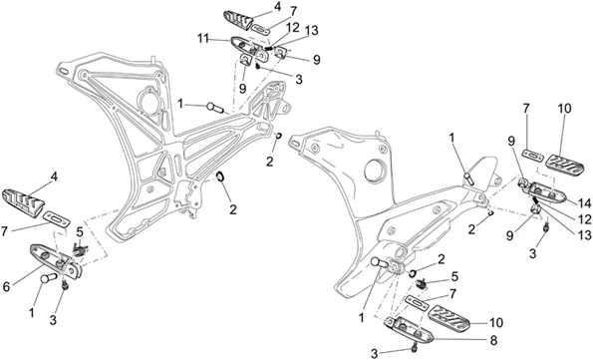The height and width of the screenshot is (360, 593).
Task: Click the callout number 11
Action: [203, 38]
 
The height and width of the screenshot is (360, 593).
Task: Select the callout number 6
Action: [6, 287]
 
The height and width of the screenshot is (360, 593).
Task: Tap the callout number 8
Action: [493, 340]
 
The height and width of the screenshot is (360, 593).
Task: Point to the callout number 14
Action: [584, 203]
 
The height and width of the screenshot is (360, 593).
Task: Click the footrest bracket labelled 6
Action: [55, 260]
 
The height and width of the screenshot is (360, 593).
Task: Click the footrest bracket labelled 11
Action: [249, 48]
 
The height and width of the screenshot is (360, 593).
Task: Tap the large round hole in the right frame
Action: [376, 171]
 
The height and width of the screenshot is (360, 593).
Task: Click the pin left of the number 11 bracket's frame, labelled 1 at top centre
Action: [216, 107]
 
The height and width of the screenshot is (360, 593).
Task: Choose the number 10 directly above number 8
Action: [496, 323]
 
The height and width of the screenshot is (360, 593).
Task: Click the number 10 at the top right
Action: [564, 109]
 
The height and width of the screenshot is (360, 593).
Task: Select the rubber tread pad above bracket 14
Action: [564, 166]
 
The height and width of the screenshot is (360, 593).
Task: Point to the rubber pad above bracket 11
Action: [238, 20]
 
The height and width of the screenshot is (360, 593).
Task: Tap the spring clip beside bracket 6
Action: [80, 250]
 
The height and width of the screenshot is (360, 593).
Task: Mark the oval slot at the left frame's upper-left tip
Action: [64, 71]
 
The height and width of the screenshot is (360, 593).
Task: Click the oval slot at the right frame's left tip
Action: [295, 143]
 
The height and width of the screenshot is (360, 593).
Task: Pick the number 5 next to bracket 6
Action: [80, 231]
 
